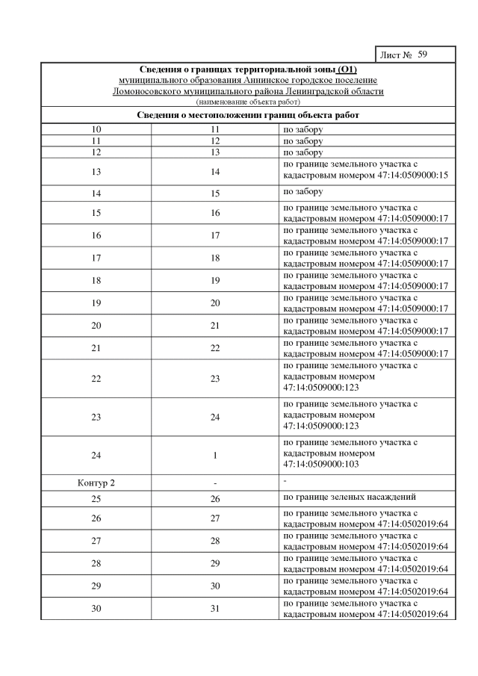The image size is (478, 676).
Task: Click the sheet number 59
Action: (423, 55)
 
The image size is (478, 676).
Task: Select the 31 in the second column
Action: (215, 609)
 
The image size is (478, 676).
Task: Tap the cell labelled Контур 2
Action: (96, 483)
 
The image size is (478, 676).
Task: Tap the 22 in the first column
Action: (96, 379)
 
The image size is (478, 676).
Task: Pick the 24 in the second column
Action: (215, 417)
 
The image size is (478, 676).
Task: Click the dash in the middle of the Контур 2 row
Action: (215, 483)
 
